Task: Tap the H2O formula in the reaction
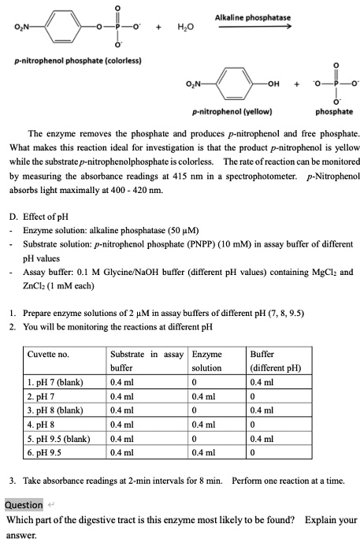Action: tap(186, 29)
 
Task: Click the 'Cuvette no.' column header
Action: tap(48, 355)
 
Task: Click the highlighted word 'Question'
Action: tap(24, 504)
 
